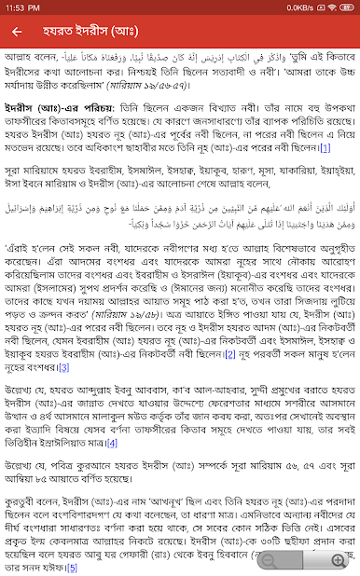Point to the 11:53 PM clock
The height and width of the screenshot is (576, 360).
[24, 7]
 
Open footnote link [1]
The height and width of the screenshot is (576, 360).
[325, 147]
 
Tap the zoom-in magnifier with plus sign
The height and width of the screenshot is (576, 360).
[337, 559]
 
